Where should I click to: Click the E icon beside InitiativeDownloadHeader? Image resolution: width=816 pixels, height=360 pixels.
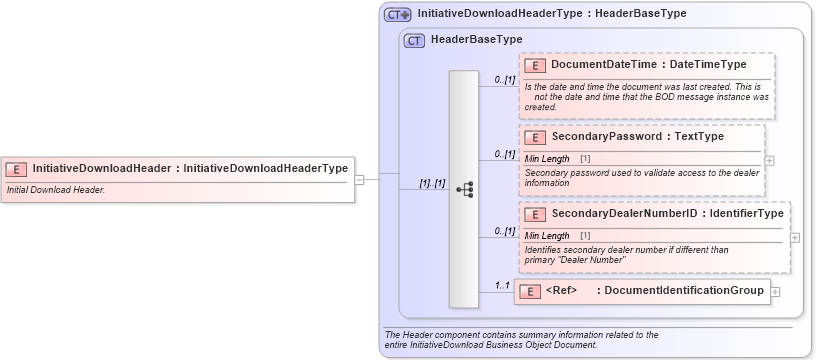16,169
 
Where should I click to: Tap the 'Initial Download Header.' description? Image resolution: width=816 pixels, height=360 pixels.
56,189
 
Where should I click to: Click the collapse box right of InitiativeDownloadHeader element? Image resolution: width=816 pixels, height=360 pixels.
359,179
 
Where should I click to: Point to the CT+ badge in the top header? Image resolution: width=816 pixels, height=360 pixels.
398,14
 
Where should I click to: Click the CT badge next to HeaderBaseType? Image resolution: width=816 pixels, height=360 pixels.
415,40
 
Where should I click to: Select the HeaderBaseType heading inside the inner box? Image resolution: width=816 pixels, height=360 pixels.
476,40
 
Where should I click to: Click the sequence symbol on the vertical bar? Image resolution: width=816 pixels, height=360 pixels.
464,188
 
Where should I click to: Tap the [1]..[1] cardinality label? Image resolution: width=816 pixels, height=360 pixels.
432,184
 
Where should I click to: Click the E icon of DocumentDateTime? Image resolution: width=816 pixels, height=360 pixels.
535,65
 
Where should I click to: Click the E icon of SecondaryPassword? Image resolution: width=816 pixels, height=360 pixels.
535,137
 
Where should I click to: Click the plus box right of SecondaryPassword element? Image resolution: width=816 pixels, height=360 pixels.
769,159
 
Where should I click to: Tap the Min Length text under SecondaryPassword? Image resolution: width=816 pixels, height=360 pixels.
547,158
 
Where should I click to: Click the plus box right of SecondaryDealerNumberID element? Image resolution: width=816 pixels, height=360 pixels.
794,237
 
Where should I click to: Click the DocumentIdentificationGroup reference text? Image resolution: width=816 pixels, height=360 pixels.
685,291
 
